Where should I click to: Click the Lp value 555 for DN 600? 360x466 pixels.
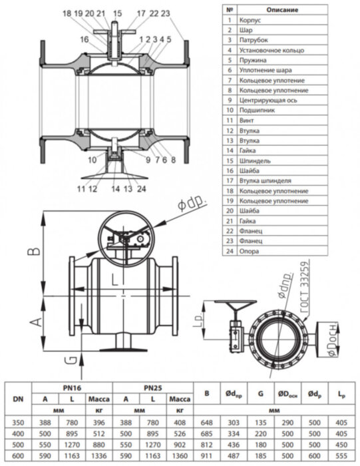(x=343, y=454)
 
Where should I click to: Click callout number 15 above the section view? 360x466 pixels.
(x=117, y=13)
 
